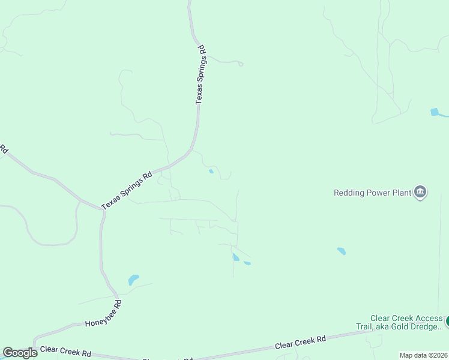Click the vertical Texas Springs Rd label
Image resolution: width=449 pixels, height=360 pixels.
point(200,75)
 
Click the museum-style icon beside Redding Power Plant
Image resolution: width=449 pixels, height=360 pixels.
point(420,192)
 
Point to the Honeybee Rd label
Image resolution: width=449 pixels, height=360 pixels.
point(103,314)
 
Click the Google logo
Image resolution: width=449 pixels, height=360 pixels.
point(20,353)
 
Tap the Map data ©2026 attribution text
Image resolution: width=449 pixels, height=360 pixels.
point(424,355)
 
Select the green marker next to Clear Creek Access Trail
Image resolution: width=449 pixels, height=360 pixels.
point(447,322)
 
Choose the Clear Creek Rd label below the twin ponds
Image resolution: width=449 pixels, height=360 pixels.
point(300,343)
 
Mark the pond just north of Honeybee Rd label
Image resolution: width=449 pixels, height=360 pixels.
point(133,280)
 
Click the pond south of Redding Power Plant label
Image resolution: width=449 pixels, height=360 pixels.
point(341,251)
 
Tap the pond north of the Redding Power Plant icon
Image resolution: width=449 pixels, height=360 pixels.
point(436,112)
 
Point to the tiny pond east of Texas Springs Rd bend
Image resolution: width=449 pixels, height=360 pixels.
point(211,172)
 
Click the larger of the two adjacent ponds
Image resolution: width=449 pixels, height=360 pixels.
point(235,257)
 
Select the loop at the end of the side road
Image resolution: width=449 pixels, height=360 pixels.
point(240,63)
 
